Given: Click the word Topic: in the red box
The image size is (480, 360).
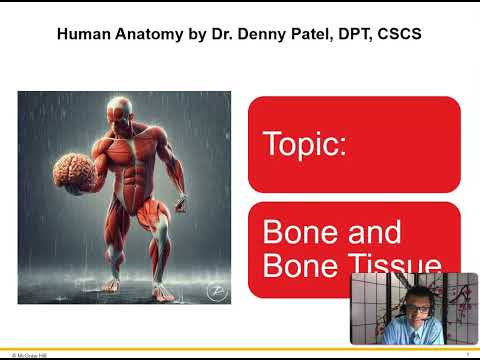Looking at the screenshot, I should pyautogui.click(x=304, y=144).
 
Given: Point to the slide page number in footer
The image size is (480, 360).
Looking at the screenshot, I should pyautogui.click(x=468, y=354).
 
